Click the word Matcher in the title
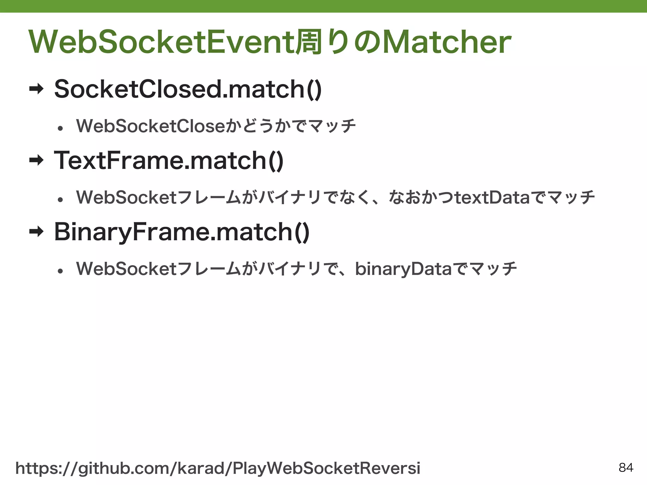[447, 42]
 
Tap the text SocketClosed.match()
[188, 89]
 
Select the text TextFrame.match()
[169, 161]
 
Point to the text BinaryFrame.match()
[182, 232]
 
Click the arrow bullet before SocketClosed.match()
[36, 89]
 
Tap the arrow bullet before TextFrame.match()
[36, 161]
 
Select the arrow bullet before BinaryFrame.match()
[36, 232]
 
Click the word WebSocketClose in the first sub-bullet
[150, 126]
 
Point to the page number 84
[626, 468]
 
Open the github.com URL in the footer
[218, 468]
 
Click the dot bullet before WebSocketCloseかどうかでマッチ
[60, 128]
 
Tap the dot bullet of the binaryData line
[60, 271]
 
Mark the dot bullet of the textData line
[60, 200]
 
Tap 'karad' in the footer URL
[201, 468]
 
